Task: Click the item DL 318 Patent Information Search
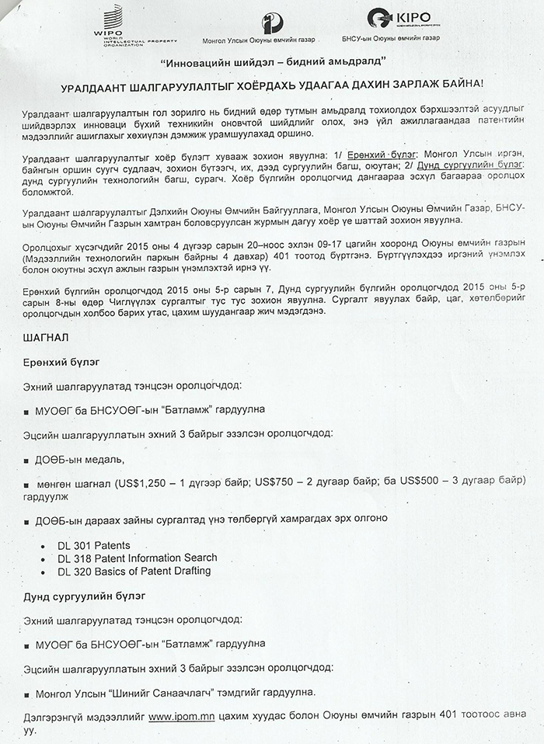[137, 558]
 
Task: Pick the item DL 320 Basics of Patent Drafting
[134, 572]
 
